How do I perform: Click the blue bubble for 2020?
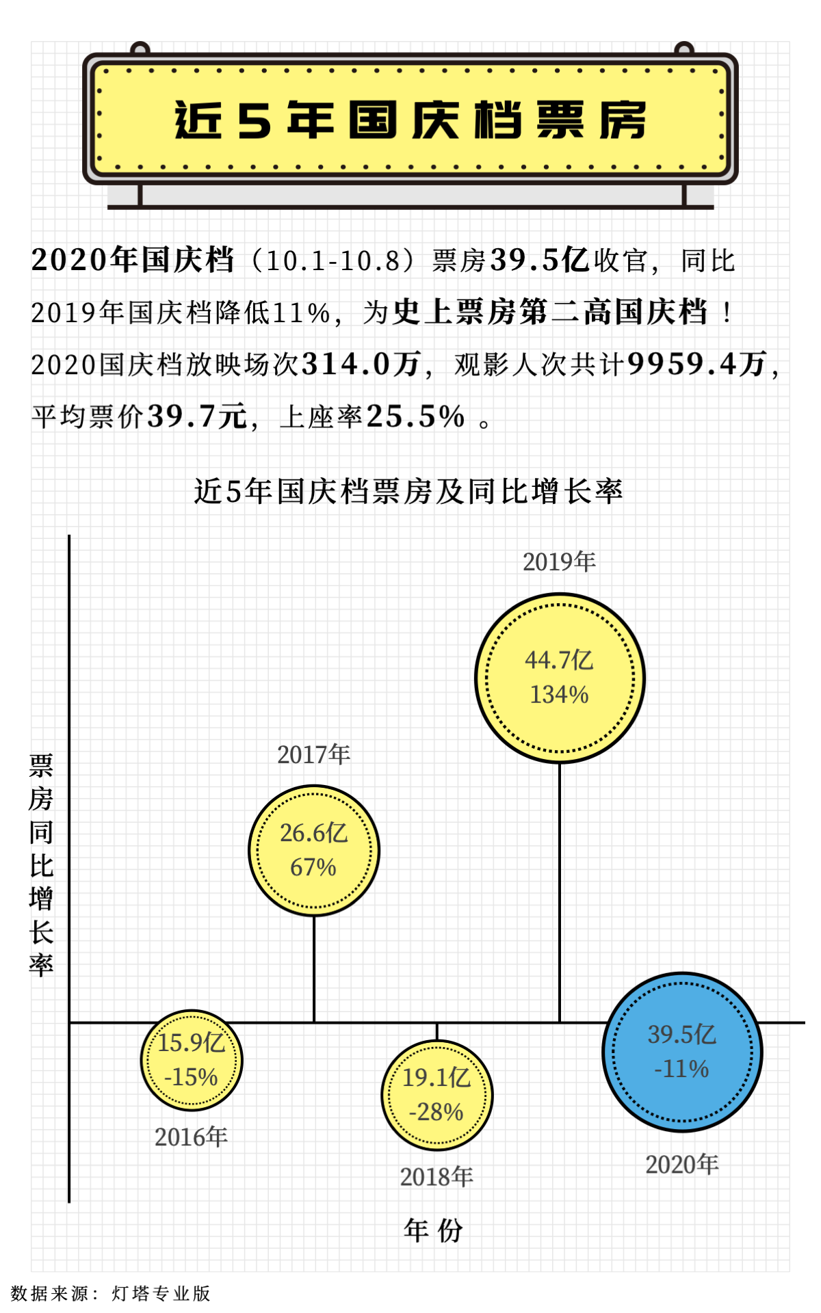tap(682, 1052)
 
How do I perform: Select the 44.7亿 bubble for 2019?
tap(560, 678)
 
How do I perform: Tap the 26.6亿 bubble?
tap(313, 850)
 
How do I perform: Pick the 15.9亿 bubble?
tap(192, 1060)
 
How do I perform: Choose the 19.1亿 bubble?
tap(436, 1095)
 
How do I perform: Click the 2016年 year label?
tap(191, 1137)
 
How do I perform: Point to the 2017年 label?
tap(313, 755)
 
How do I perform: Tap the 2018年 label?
tap(436, 1177)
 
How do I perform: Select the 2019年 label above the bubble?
tap(559, 562)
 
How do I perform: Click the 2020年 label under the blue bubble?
tap(682, 1165)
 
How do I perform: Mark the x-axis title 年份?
tap(433, 1230)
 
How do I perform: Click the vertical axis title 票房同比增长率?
tap(41, 865)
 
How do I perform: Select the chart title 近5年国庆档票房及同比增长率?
tap(408, 491)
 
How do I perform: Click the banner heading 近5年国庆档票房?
tap(410, 120)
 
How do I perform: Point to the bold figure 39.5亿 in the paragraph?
tap(540, 260)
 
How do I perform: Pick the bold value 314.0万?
tap(361, 364)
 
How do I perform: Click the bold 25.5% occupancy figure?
tap(416, 416)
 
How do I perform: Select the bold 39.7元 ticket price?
tap(197, 416)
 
